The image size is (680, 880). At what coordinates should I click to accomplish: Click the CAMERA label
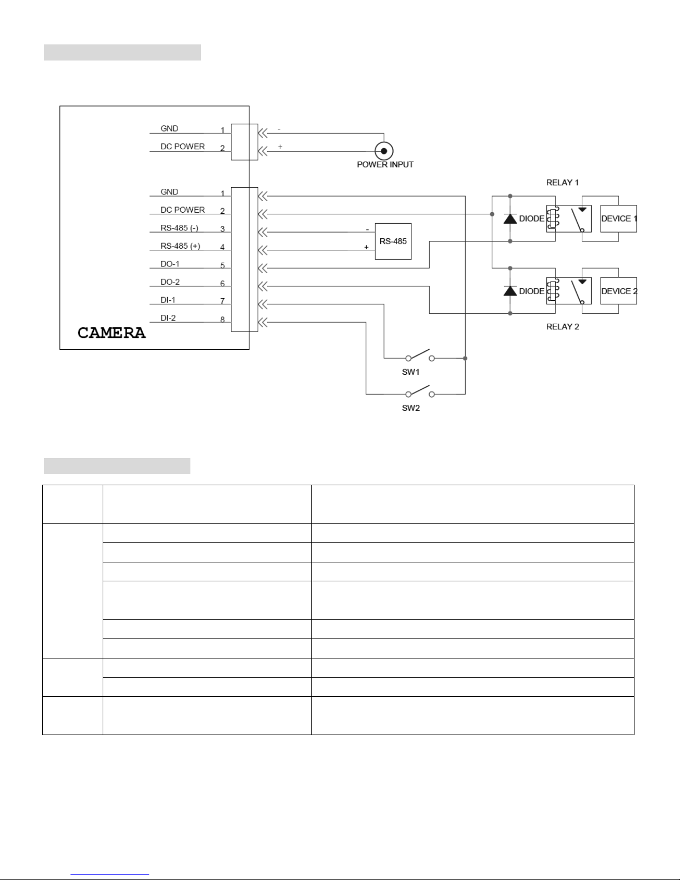click(112, 333)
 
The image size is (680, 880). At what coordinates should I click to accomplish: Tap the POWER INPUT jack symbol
click(384, 151)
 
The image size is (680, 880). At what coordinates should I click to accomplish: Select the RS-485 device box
click(393, 242)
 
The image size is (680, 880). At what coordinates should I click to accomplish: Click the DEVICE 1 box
click(618, 219)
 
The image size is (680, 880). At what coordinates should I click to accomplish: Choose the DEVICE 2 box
click(618, 291)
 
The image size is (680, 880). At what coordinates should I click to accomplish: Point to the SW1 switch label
click(411, 372)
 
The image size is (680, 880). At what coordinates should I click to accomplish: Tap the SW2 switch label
click(411, 408)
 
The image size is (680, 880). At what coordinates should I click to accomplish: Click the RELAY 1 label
click(562, 183)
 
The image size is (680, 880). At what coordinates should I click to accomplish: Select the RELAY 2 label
click(562, 326)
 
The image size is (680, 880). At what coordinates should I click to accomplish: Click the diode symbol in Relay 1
click(510, 218)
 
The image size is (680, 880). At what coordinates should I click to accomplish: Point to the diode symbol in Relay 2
click(510, 291)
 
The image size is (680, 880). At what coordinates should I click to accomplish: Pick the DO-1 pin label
click(170, 264)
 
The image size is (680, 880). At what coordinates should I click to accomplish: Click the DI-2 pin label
click(168, 318)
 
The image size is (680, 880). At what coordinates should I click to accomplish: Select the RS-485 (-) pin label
click(179, 228)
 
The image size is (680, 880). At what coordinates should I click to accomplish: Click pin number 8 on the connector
click(223, 320)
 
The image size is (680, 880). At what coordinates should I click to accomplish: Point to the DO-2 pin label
click(170, 282)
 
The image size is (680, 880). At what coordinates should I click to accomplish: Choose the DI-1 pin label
click(168, 300)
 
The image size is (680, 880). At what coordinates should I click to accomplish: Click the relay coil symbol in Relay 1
click(551, 218)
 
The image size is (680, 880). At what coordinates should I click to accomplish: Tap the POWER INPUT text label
click(385, 165)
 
